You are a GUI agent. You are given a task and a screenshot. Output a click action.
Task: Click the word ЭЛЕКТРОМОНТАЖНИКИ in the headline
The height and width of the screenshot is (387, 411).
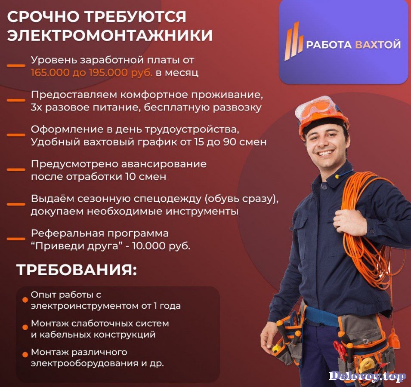(110, 36)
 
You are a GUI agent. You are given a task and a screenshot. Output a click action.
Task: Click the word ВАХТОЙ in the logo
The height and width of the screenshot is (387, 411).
(378, 45)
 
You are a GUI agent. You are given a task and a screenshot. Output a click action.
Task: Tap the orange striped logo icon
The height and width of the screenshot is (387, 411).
(294, 41)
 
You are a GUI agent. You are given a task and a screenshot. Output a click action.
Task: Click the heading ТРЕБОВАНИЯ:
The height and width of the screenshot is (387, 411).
(77, 270)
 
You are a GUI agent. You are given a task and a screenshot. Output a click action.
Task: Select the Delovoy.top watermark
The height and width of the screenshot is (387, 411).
(367, 376)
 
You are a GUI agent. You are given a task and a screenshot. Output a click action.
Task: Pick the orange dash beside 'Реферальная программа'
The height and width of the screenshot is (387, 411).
(16, 239)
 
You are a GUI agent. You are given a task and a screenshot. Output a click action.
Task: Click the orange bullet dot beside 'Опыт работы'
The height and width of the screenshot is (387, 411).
(25, 300)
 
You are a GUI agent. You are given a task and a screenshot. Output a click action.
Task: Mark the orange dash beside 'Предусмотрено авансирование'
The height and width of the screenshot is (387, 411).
(16, 169)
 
